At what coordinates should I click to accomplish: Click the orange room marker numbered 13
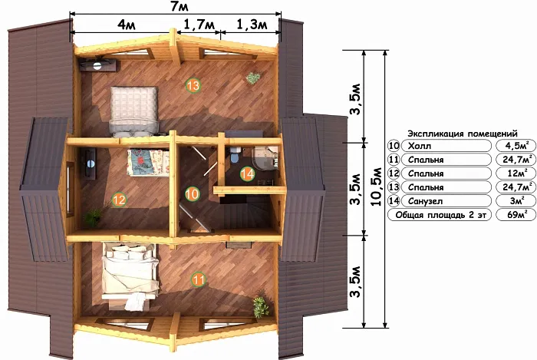pyautogui.click(x=193, y=85)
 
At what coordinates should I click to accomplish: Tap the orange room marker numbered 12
pyautogui.click(x=119, y=200)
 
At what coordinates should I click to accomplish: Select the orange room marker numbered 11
pyautogui.click(x=198, y=280)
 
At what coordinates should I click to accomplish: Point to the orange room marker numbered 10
pyautogui.click(x=192, y=194)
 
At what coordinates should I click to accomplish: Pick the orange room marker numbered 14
pyautogui.click(x=247, y=174)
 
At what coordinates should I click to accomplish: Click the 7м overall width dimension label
pyautogui.click(x=180, y=6)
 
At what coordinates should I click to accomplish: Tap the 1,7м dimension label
pyautogui.click(x=199, y=25)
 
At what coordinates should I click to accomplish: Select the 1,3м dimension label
pyautogui.click(x=252, y=25)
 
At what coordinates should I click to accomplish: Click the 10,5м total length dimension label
pyautogui.click(x=377, y=187)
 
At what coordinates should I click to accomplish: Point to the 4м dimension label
pyautogui.click(x=127, y=25)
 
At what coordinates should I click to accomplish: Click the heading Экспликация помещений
pyautogui.click(x=463, y=134)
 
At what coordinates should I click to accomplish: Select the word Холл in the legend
pyautogui.click(x=420, y=147)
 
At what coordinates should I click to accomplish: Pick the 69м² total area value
pyautogui.click(x=516, y=215)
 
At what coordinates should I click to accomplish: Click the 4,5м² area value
pyautogui.click(x=516, y=146)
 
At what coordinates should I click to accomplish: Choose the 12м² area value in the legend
pyautogui.click(x=516, y=173)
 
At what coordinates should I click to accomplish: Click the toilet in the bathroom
pyautogui.click(x=235, y=155)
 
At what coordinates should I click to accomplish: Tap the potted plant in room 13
pyautogui.click(x=252, y=78)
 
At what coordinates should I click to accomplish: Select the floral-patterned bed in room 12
pyautogui.click(x=148, y=163)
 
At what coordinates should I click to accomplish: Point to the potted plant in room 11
pyautogui.click(x=261, y=307)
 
